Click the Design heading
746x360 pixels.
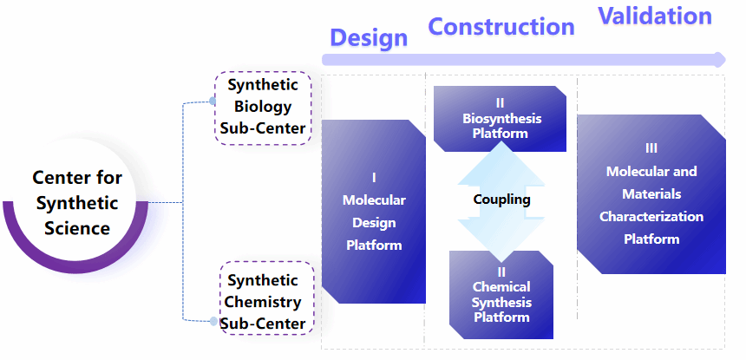coord(369,38)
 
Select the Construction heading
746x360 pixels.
coord(501,27)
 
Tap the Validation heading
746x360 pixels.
coord(655,16)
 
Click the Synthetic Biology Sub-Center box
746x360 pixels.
coord(262,108)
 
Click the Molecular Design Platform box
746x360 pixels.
coord(374,212)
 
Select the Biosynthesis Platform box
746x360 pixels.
coord(500,118)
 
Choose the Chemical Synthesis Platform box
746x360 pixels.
coord(501,295)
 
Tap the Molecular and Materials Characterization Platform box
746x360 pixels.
coord(651,193)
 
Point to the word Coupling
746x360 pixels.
coord(501,200)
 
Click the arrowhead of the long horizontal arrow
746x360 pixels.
coord(719,59)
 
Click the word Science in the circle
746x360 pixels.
coord(77,228)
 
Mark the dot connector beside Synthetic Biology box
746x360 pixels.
coord(213,101)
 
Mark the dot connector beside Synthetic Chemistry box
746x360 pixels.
coord(213,322)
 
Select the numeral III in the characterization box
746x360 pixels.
coord(651,148)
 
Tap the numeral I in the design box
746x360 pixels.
coord(374,178)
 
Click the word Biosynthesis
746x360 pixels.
coord(501,119)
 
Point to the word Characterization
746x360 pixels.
coord(651,216)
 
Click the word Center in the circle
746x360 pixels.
coord(56,178)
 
